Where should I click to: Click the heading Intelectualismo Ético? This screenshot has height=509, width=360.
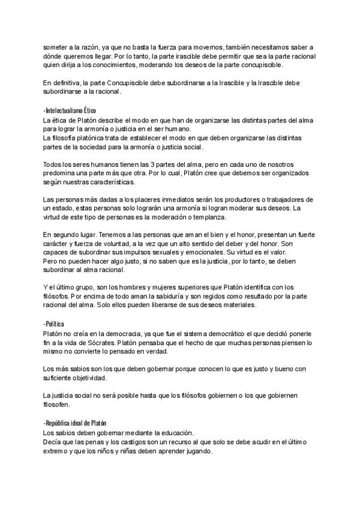coord(70,111)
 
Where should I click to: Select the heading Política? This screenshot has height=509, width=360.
coord(56,324)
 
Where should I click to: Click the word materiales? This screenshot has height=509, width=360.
coord(237,305)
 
